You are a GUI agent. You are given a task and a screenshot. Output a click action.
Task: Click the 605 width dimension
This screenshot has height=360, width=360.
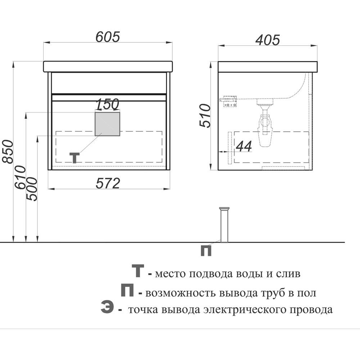pos(108,37)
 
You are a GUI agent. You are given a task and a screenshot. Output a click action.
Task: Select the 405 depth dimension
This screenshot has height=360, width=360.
pos(267,40)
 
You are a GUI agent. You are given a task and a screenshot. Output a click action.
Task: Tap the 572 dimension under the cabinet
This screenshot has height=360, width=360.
pos(108,183)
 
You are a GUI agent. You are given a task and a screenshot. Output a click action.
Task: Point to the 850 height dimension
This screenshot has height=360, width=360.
pos(8,152)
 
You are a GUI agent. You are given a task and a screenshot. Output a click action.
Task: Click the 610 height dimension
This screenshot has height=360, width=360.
pos(20,177)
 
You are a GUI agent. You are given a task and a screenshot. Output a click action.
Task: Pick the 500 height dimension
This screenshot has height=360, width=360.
pos(32,189)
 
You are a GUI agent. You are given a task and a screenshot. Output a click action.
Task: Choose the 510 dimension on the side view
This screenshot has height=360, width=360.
pos(205,116)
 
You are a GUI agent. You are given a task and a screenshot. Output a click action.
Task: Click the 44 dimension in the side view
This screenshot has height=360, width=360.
pos(244,146)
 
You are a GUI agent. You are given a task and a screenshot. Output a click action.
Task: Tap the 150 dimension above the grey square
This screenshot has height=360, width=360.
pos(107,104)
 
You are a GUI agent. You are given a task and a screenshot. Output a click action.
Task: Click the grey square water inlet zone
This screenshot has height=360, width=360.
pos(107,124)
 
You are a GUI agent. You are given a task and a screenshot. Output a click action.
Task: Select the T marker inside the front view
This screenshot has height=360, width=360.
pos(75,158)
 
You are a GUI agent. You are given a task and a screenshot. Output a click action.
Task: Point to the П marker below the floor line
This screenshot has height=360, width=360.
pos(206,251)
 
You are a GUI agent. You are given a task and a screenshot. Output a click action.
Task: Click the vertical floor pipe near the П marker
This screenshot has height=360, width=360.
pos(224,225)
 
